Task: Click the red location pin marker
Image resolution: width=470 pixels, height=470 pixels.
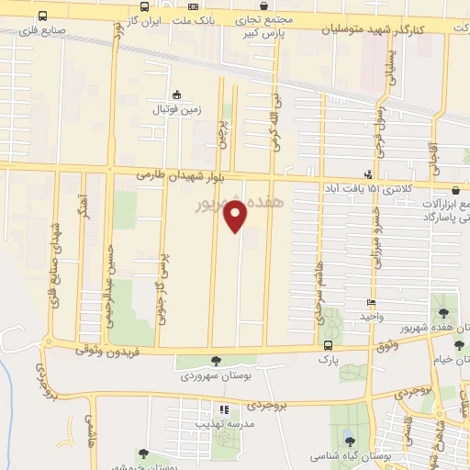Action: (x=236, y=217)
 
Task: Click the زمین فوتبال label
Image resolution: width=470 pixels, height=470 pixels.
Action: (x=176, y=109)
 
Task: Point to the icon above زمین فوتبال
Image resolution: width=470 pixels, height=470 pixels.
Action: (x=177, y=95)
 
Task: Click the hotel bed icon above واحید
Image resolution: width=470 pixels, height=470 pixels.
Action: (x=371, y=302)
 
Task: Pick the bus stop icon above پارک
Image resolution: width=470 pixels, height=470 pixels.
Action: (x=329, y=345)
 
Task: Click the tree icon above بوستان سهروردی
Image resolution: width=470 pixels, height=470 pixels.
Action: (x=216, y=362)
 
